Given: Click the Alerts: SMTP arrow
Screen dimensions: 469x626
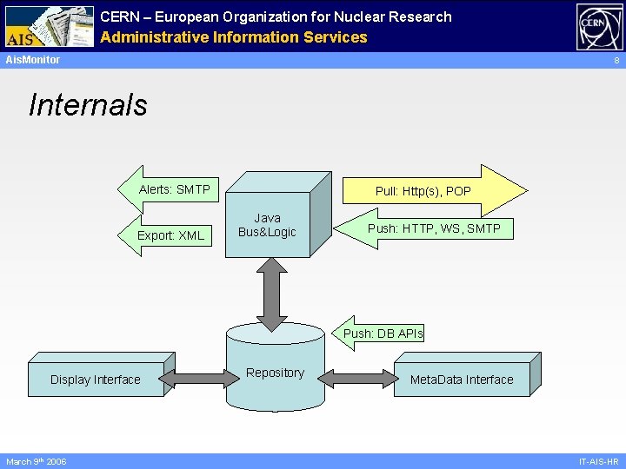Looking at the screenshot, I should pos(174,189).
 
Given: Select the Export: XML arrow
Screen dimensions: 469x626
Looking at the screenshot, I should pos(170,235).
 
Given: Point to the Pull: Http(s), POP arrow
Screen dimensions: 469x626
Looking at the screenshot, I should pos(426,190).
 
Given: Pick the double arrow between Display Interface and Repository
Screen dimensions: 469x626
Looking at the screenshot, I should pos(196,379).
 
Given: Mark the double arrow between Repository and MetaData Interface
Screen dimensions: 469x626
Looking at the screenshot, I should pos(356,379).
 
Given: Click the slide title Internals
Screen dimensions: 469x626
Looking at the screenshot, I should pos(88,105).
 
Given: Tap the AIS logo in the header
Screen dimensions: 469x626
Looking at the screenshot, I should pos(48,27).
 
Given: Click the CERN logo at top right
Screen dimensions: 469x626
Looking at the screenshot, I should pos(599,27).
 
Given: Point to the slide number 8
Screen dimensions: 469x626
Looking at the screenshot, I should pos(616,61).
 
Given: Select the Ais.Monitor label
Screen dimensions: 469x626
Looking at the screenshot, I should pos(33,60).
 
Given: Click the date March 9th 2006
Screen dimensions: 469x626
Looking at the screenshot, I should pos(37,461).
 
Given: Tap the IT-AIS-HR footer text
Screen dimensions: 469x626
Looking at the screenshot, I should pos(598,461).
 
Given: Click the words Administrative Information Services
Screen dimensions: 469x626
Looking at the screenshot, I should pos(233,37).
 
